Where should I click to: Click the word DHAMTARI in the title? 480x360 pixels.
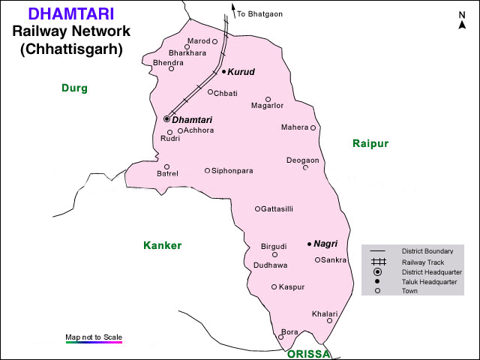(71, 13)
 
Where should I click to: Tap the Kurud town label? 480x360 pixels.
(241, 72)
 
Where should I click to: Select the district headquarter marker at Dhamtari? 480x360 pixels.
(166, 119)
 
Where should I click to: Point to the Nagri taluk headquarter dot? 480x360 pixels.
(309, 244)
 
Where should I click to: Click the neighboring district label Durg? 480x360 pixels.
(74, 88)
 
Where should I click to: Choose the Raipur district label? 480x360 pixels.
(370, 142)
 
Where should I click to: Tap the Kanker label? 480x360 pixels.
(163, 245)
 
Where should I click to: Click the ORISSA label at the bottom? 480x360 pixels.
(308, 354)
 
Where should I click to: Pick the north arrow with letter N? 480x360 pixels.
(462, 20)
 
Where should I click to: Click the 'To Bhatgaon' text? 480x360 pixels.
(259, 14)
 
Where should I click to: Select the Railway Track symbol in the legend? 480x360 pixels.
(379, 262)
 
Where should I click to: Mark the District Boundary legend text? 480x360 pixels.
(427, 251)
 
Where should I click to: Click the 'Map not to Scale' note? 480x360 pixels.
(94, 337)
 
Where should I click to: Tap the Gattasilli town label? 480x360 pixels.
(277, 209)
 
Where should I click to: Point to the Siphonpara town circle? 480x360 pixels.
(208, 170)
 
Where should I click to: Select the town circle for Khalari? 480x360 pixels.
(329, 320)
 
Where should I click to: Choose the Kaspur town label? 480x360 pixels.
(292, 287)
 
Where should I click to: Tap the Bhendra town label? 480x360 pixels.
(168, 62)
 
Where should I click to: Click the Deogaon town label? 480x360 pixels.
(302, 160)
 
